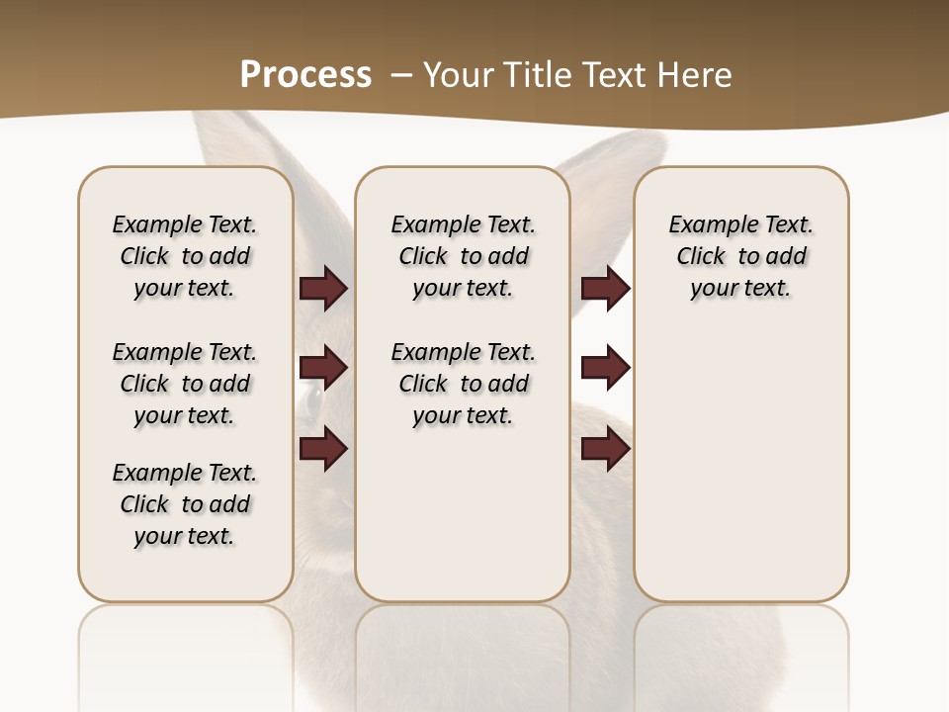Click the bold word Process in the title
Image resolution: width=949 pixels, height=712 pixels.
point(305,74)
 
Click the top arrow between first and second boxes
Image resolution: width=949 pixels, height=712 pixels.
point(323,288)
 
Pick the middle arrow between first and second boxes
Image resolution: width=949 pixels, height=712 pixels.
point(323,368)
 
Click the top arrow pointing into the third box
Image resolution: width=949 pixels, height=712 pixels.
point(605,288)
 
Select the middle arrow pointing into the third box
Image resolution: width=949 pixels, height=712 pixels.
point(605,368)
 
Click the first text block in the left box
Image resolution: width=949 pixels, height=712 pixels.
point(185,256)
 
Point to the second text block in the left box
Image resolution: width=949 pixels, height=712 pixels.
point(185,384)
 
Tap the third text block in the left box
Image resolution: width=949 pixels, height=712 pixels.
point(185,504)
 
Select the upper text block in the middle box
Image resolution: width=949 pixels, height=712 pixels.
point(463,256)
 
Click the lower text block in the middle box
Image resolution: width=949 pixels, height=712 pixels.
point(463,384)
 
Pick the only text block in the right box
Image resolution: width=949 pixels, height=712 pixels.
point(740,256)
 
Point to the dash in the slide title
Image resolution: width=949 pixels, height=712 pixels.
point(400,75)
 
